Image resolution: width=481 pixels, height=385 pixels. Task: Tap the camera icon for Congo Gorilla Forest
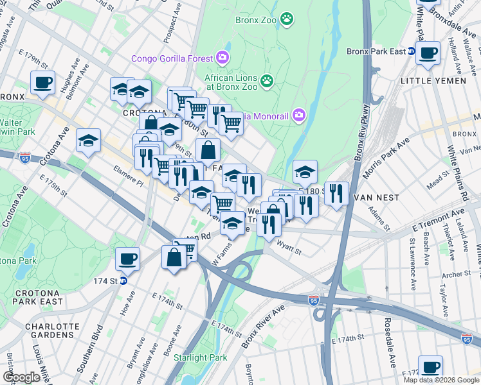223,58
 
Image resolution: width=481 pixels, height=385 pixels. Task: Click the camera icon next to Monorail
298,116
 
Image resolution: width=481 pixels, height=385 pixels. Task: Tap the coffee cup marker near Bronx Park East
428,53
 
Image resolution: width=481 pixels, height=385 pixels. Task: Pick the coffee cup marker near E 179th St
43,82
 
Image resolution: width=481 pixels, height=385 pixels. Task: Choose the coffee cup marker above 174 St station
127,259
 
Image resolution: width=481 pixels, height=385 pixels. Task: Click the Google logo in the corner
21,377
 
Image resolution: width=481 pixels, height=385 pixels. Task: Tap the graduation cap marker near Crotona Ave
89,141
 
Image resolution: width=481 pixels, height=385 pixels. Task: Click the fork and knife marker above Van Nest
336,192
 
